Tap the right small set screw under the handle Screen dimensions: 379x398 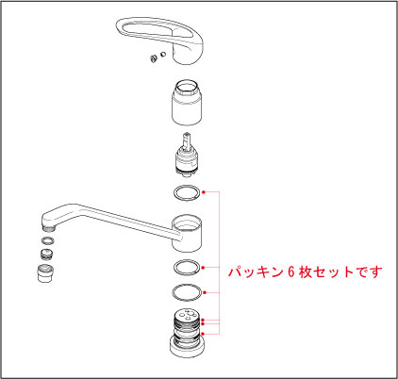(x=162, y=57)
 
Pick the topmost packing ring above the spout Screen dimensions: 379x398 (x=189, y=193)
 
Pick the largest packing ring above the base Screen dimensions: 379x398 (x=189, y=290)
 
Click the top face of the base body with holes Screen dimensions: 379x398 (x=189, y=317)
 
